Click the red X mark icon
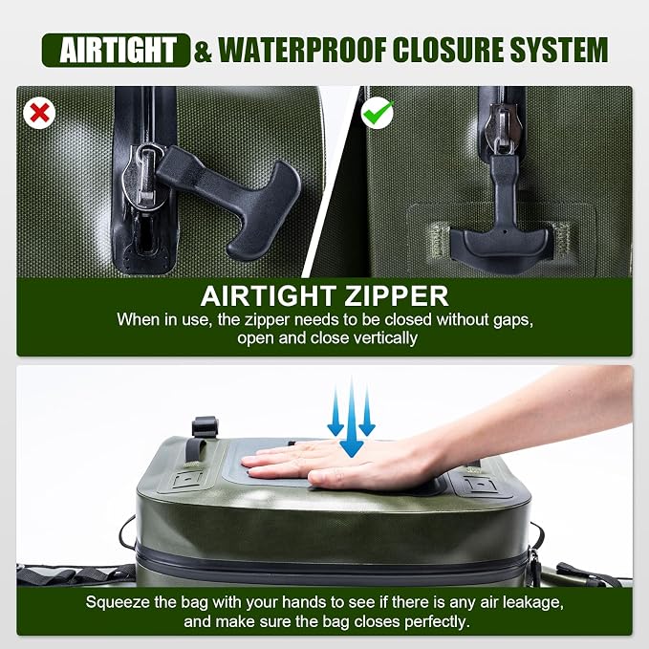[x=39, y=113]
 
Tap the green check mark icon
[x=378, y=112]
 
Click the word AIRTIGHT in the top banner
[x=118, y=50]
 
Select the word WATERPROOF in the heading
[x=302, y=50]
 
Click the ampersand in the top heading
[x=203, y=51]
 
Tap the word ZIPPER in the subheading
[x=396, y=296]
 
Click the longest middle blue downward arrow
[x=352, y=417]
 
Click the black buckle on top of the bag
[x=205, y=426]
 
